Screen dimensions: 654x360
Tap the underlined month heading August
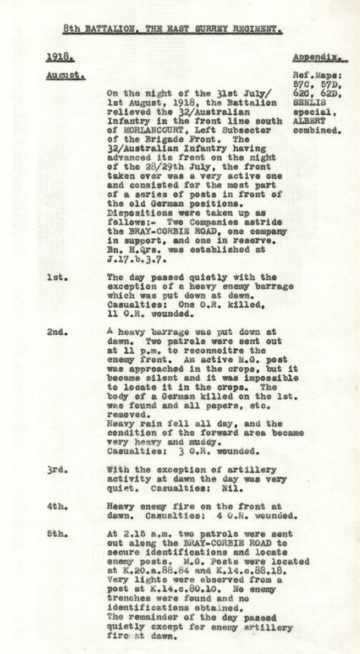pos(65,76)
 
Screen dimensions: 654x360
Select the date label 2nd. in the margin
pos(56,332)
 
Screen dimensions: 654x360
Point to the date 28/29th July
pos(165,166)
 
